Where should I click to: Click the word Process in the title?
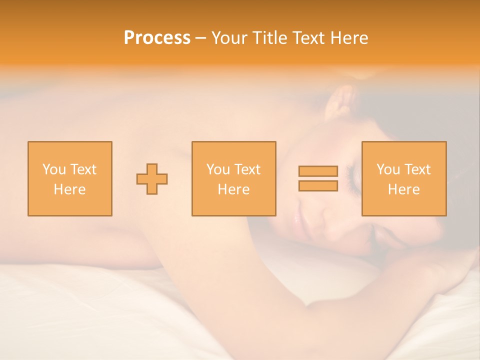tap(157, 38)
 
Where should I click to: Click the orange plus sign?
tap(152, 179)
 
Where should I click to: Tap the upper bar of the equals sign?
tap(318, 171)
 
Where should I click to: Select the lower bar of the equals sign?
tap(318, 186)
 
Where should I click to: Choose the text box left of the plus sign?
tap(69, 178)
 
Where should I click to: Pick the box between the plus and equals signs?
tap(233, 178)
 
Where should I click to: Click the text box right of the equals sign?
tap(403, 178)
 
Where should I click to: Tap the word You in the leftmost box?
tap(53, 169)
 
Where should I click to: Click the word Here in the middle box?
tap(233, 189)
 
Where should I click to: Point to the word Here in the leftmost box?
tap(69, 189)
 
